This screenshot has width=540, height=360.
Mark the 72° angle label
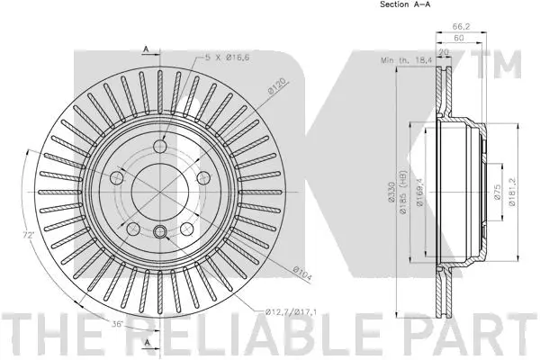30,236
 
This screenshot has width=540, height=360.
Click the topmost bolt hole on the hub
160,147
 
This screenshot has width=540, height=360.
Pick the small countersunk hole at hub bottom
159,229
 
